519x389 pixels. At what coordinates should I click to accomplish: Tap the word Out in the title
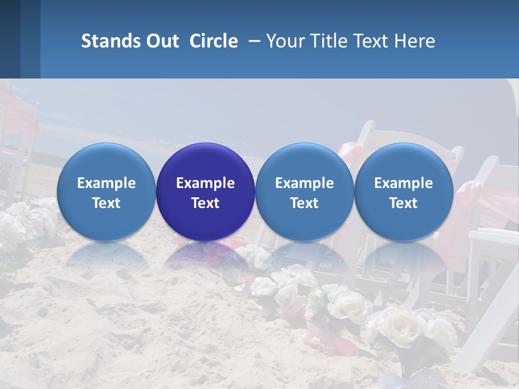(x=161, y=41)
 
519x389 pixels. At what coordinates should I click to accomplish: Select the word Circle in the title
(x=214, y=41)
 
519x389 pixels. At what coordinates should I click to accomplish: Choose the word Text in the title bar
(x=368, y=41)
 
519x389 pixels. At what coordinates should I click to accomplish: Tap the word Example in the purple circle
(x=205, y=183)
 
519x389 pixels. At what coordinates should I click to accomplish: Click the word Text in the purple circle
(x=205, y=203)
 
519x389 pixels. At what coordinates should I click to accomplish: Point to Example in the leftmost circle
(x=107, y=183)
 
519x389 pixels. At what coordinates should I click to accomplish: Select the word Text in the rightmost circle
(x=403, y=203)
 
